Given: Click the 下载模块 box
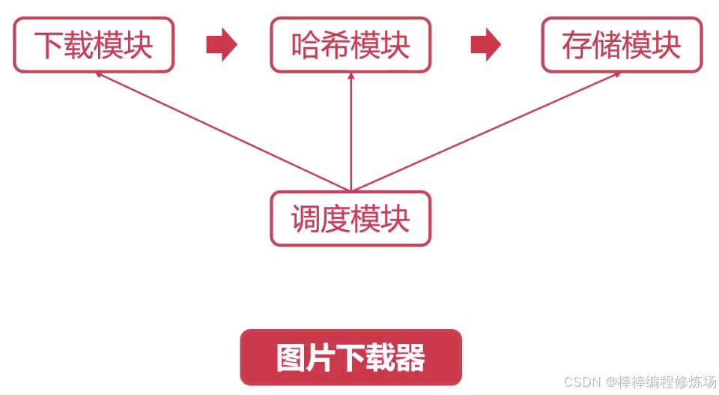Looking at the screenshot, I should pyautogui.click(x=94, y=45).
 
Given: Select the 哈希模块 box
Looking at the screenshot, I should pyautogui.click(x=351, y=45).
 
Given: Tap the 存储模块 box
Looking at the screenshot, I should pyautogui.click(x=622, y=45).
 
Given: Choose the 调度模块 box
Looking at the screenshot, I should pyautogui.click(x=351, y=219).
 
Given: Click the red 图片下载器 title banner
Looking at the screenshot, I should pyautogui.click(x=351, y=358).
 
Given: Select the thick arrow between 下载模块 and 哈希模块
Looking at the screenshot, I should pyautogui.click(x=221, y=45).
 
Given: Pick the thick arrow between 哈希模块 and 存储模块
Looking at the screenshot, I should pyautogui.click(x=485, y=45).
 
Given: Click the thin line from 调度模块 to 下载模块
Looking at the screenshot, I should pyautogui.click(x=225, y=132).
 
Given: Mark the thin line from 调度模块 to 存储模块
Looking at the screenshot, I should pyautogui.click(x=487, y=132).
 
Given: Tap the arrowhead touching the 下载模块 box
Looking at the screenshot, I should pyautogui.click(x=98, y=75).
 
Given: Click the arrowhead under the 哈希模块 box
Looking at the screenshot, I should pyautogui.click(x=351, y=76).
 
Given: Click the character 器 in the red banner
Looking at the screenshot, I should pyautogui.click(x=410, y=358).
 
